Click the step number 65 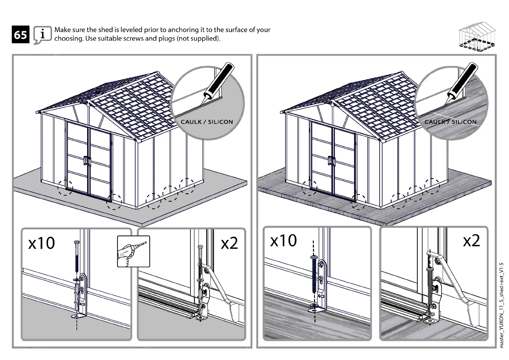(21, 35)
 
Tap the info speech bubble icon (42, 35)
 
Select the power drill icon (133, 251)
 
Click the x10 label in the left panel (41, 243)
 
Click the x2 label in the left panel (229, 243)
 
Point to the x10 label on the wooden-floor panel (283, 241)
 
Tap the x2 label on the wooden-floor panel (471, 241)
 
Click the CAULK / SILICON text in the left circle (207, 122)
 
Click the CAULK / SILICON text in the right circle (450, 122)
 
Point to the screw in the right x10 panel (314, 274)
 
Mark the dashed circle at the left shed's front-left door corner (65, 188)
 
